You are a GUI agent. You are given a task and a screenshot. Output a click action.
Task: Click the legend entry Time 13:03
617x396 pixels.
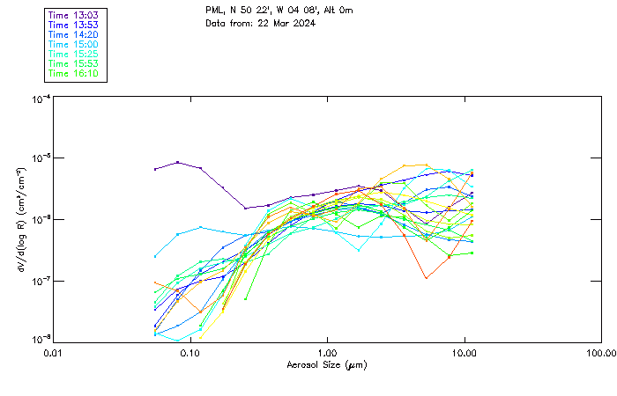[74, 15]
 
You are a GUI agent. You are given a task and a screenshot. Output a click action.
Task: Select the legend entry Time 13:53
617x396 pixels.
[74, 25]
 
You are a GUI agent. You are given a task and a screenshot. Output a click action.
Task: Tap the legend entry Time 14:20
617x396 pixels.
[74, 34]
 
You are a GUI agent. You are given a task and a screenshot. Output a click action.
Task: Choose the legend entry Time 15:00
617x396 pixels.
[74, 44]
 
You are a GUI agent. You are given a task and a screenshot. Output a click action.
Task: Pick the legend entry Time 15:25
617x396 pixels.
[74, 54]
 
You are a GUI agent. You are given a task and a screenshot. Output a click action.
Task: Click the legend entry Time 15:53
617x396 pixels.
[74, 63]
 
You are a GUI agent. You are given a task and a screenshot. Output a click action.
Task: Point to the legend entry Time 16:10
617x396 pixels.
[74, 73]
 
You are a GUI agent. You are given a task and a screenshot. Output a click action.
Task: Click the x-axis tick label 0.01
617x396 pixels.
[54, 353]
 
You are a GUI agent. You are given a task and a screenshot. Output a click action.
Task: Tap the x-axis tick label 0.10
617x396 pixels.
[190, 353]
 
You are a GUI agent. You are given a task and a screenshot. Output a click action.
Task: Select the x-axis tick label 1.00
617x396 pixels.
[328, 353]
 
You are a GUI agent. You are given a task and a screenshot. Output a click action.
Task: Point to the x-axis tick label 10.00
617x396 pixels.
[465, 353]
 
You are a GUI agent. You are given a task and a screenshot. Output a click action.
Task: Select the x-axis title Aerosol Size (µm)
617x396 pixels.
[327, 364]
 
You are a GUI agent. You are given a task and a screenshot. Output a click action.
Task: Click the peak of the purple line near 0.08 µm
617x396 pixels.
[178, 162]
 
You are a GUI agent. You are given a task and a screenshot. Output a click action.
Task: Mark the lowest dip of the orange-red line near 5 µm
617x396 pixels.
[427, 278]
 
